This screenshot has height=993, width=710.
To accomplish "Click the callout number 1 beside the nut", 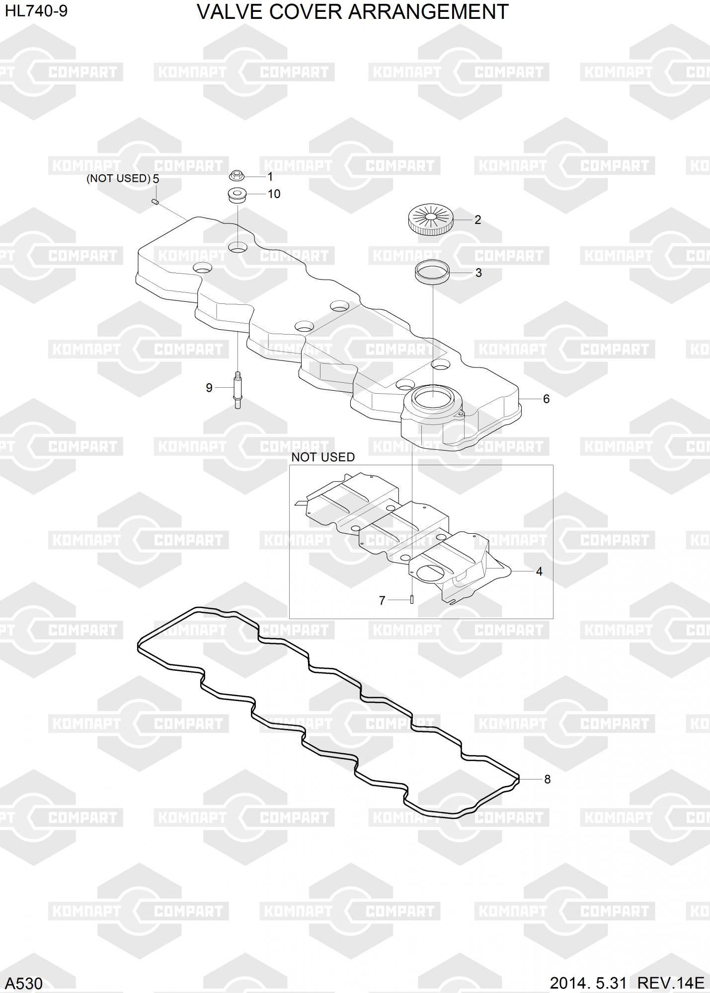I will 270,177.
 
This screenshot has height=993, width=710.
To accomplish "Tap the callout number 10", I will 274,194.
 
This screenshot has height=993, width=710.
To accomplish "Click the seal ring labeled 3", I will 432,273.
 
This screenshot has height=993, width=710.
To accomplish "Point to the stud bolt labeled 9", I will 237,390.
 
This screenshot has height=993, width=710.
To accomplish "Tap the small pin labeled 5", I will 155,201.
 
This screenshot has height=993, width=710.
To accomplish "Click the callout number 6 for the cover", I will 546,399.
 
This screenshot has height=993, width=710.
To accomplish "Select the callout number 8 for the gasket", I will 548,779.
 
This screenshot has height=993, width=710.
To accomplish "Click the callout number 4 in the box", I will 539,571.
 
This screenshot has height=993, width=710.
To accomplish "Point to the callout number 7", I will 382,601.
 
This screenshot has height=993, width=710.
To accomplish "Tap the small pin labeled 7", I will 412,599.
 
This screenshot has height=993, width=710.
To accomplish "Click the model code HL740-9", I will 36,11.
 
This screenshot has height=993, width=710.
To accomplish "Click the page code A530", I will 24,983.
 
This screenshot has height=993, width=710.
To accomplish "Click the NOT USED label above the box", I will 323,457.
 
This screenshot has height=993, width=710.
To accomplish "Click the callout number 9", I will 209,388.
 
